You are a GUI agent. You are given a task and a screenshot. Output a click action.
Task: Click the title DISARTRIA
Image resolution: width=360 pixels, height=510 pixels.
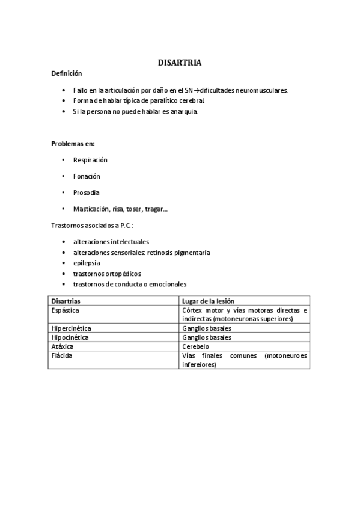tap(180, 63)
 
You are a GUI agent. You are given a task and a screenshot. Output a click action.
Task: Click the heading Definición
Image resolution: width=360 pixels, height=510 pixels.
tap(66, 73)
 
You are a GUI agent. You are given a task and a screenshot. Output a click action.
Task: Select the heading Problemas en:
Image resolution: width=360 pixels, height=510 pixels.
tap(73, 144)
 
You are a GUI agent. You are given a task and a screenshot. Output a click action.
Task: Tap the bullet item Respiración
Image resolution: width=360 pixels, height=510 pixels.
tap(90, 160)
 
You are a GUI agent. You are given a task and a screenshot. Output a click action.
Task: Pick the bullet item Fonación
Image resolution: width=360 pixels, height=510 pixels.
tap(87, 176)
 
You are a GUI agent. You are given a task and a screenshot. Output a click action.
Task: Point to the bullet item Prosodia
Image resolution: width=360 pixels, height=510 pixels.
tap(87, 192)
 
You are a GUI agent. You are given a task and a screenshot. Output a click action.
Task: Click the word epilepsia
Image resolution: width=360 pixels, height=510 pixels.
tap(87, 263)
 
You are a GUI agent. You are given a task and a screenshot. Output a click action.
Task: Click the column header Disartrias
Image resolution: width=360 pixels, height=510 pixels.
tap(66, 301)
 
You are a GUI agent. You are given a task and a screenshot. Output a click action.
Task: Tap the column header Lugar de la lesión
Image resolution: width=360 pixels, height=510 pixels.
tap(208, 301)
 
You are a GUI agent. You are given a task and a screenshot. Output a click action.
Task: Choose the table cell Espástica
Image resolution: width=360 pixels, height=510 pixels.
tap(66, 310)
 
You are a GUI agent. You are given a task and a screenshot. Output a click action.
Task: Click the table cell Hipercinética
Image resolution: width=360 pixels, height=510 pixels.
tap(72, 328)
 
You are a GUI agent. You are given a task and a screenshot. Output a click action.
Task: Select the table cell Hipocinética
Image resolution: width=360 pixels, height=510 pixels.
tap(70, 337)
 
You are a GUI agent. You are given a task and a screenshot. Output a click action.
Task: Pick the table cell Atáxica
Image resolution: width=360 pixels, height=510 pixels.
tap(63, 346)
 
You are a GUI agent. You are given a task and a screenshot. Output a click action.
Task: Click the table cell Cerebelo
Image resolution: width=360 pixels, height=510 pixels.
tap(195, 346)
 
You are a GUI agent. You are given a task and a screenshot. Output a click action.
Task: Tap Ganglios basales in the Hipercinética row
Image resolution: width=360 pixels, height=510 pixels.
tap(207, 328)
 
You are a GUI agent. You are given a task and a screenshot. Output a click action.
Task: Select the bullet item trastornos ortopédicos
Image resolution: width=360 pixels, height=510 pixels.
tap(107, 274)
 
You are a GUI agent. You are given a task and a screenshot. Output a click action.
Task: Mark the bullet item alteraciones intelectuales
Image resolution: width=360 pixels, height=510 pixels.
tap(111, 242)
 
